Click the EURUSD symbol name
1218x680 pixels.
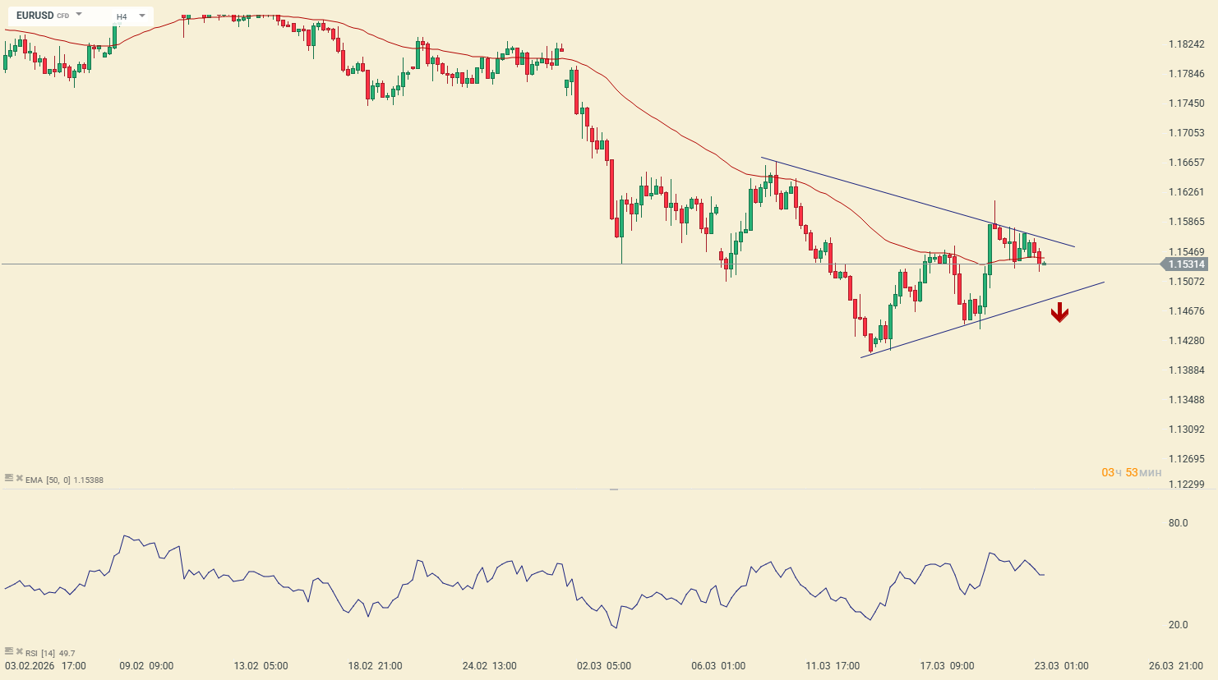click(x=35, y=16)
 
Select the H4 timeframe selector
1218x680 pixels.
click(x=122, y=16)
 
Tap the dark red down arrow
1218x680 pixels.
click(x=1059, y=312)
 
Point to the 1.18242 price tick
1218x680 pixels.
click(x=1186, y=44)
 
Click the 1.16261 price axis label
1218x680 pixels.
click(x=1186, y=192)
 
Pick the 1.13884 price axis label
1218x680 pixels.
click(x=1186, y=370)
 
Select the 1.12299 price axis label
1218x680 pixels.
click(x=1186, y=485)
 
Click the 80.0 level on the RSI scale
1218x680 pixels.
click(x=1178, y=523)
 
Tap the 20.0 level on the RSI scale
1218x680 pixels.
click(x=1178, y=625)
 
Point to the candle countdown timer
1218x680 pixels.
click(x=1132, y=473)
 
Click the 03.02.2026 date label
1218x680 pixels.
click(x=30, y=666)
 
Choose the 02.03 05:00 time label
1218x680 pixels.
click(x=604, y=666)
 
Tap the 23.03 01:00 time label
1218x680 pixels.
click(x=1061, y=666)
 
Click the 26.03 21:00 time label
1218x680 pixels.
click(x=1175, y=666)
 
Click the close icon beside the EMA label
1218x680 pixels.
click(x=19, y=478)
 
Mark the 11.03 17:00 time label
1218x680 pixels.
click(x=833, y=666)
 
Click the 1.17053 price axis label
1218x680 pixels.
click(x=1186, y=133)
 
